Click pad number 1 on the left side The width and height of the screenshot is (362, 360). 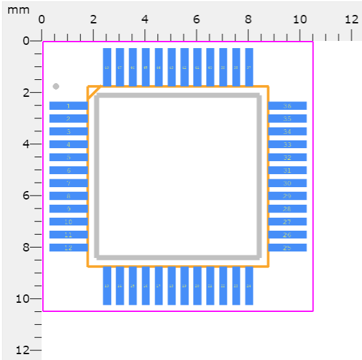point(68,106)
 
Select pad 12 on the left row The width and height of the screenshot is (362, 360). point(68,248)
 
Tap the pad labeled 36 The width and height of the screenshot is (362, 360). point(287,106)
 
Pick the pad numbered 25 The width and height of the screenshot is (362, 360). point(287,248)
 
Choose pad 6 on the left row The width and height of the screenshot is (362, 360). point(68,170)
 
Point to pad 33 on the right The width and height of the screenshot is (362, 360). point(287,144)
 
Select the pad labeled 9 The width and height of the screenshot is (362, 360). point(68,209)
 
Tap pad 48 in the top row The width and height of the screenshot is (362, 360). point(107,67)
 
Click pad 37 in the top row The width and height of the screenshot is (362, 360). point(249,67)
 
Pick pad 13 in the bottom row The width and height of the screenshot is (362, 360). point(107,286)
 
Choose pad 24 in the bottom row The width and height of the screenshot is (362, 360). point(249,286)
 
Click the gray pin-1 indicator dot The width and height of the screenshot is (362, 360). point(56,86)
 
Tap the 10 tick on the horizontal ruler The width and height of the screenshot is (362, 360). point(300,19)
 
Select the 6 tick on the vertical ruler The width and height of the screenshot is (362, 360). point(26,196)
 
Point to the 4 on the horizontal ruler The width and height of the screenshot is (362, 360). point(144,19)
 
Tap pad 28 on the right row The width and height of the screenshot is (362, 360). point(287,209)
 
